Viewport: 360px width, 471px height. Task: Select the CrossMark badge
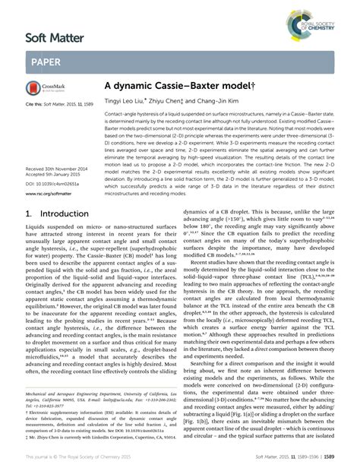47,90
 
